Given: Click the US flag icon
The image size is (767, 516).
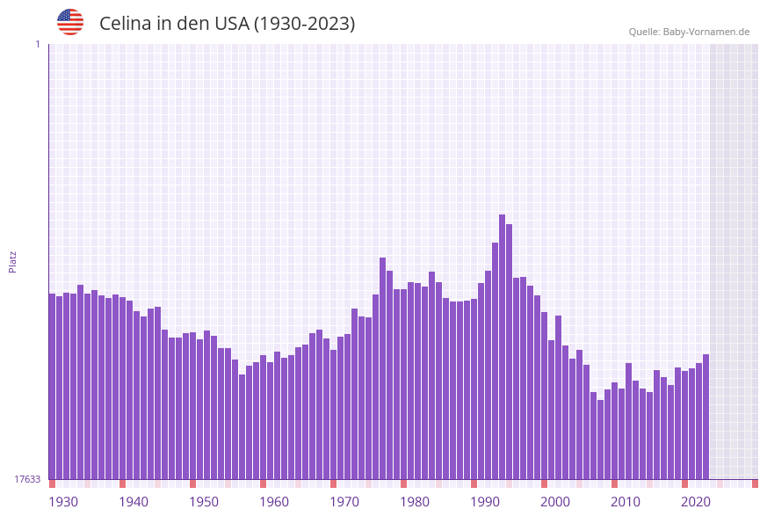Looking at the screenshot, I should tap(70, 22).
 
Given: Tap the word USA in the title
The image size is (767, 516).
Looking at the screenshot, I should tap(232, 24).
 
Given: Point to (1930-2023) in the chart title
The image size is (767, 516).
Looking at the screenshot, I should tap(304, 24).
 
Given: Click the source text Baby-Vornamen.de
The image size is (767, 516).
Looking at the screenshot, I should tap(707, 32).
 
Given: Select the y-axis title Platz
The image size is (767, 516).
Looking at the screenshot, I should tap(13, 261).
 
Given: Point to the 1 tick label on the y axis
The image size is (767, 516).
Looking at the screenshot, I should tap(37, 44).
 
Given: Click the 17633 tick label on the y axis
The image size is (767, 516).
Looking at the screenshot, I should tap(27, 479).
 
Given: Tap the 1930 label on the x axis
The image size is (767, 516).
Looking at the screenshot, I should tap(63, 502).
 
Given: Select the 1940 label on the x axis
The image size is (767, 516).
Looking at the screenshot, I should tap(134, 502).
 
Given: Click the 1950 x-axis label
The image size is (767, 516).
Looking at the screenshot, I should tap(204, 502).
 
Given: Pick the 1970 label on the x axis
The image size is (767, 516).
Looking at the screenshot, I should tap(344, 502).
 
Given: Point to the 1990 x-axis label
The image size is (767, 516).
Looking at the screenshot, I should tap(485, 502).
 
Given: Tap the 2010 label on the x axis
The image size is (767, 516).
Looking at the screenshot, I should tap(626, 502).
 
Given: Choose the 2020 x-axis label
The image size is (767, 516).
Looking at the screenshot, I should tap(696, 502).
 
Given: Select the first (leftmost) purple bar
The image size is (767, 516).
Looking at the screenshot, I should tap(52, 387).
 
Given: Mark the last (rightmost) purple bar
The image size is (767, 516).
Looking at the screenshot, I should tap(705, 417).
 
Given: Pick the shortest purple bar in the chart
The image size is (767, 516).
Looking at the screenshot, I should tap(600, 440).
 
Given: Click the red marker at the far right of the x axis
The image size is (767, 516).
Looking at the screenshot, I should tap(755, 483).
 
